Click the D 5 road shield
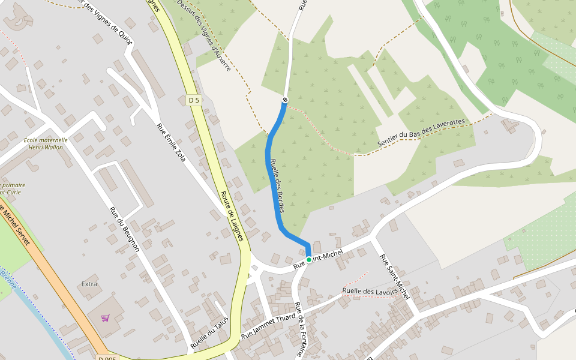tap(193, 101)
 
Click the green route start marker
tap(309, 259)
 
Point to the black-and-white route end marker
tap(285, 99)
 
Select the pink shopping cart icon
tap(106, 317)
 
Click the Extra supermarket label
tap(89, 283)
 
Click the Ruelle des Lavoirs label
tap(370, 292)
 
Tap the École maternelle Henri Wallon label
tap(46, 144)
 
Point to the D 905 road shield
tap(107, 358)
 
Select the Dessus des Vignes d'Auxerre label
tap(204, 41)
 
